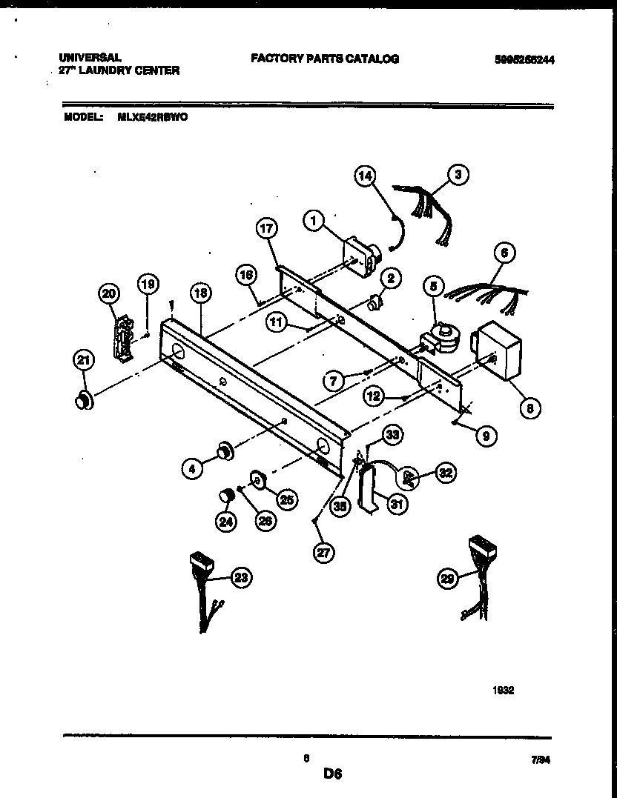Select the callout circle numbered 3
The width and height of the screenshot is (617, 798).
(459, 175)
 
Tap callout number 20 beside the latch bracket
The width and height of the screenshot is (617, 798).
(108, 293)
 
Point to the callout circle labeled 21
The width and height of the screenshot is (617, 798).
(84, 361)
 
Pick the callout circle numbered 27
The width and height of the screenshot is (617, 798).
(323, 551)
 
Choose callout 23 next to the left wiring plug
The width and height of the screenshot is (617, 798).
(240, 578)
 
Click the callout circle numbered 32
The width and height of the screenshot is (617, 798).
(447, 472)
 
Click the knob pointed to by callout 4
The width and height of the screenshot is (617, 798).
(222, 449)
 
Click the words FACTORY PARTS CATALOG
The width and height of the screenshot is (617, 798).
(325, 59)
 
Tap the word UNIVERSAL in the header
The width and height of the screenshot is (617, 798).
(90, 57)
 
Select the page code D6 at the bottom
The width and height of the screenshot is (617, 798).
(331, 774)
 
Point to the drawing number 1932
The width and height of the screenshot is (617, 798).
(504, 689)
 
